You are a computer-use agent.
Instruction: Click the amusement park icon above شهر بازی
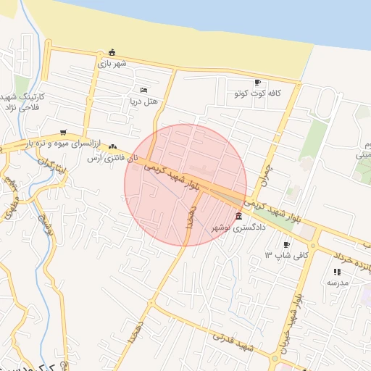[x=111, y=52]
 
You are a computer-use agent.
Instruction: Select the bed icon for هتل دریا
[x=143, y=90]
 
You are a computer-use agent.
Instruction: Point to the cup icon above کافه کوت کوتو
[x=257, y=83]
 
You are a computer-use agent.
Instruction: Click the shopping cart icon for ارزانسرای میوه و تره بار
[x=64, y=133]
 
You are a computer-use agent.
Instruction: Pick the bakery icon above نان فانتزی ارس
[x=112, y=146]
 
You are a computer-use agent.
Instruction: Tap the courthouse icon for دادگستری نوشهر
[x=239, y=217]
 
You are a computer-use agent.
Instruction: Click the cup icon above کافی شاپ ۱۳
[x=286, y=244]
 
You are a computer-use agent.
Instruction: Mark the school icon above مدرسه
[x=337, y=271]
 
